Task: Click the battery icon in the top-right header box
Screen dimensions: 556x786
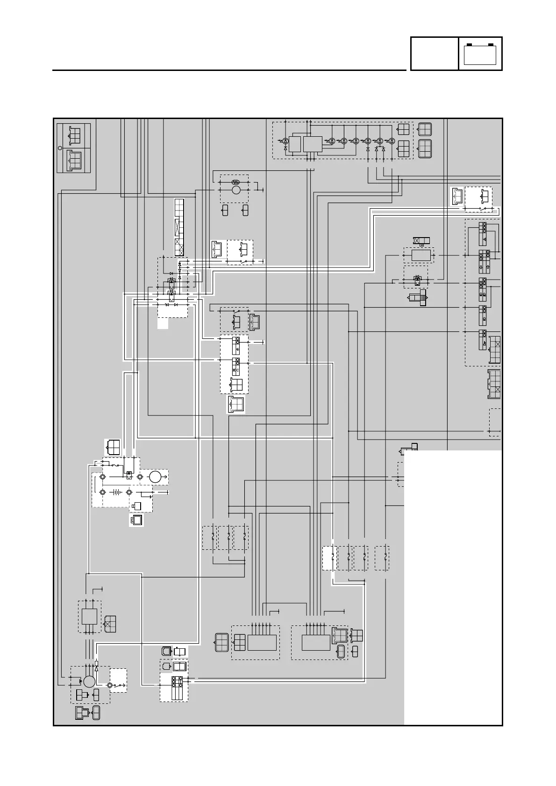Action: [480, 54]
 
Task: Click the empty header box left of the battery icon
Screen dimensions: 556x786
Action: [434, 54]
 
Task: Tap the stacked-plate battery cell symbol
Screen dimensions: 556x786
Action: [115, 492]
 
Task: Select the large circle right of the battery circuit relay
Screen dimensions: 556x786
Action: [155, 477]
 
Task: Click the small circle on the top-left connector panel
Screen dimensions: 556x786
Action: [60, 148]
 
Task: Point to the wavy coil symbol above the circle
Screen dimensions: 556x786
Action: [236, 182]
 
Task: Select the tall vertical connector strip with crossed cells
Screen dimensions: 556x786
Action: [179, 227]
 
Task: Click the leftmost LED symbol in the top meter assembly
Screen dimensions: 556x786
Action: [285, 140]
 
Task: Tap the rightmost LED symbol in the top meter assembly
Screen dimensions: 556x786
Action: [392, 140]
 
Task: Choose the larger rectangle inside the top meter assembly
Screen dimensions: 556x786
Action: [313, 144]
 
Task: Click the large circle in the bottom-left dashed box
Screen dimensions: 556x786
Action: [89, 682]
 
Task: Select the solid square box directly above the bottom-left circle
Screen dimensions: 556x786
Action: [89, 616]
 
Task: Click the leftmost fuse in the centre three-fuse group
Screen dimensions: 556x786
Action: [213, 537]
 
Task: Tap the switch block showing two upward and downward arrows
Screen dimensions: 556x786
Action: [483, 261]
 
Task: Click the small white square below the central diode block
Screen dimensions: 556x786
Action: [163, 323]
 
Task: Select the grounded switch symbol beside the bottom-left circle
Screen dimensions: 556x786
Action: [117, 685]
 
